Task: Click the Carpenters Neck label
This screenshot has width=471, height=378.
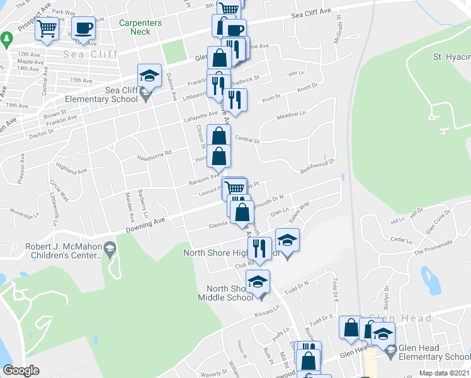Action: point(140,27)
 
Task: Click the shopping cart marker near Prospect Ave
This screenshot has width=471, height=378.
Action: point(47,29)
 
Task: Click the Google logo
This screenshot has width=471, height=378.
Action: point(21,370)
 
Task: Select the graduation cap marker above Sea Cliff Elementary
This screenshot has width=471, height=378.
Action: point(149,76)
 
